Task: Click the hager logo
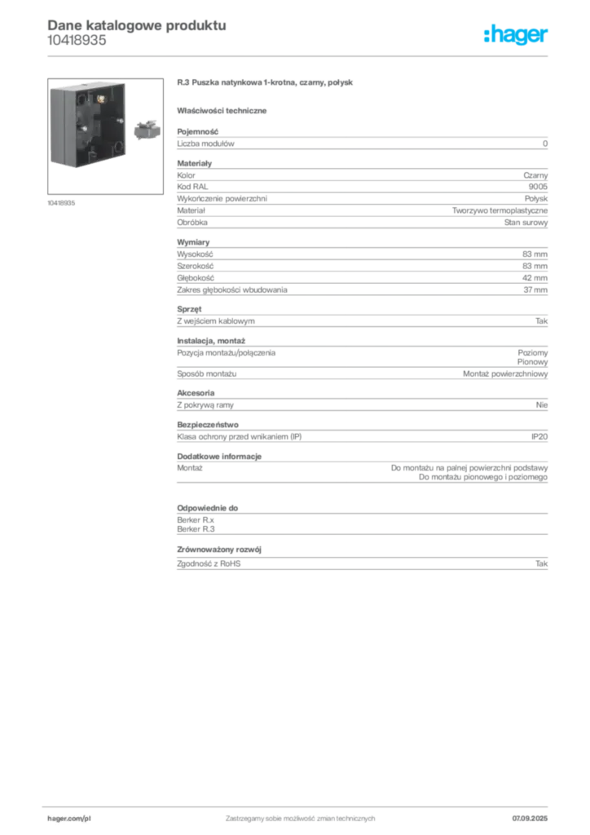coord(516,35)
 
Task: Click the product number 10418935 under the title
coord(77,41)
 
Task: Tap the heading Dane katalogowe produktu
coord(137,25)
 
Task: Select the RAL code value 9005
coord(538,187)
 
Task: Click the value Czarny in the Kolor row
coord(535,175)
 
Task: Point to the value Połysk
coord(535,199)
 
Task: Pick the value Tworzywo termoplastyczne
coord(500,211)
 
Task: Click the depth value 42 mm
coord(535,278)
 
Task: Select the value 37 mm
coord(535,289)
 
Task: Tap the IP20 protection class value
coord(539,437)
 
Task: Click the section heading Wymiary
coord(193,242)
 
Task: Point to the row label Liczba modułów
coord(205,144)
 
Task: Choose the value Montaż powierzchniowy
coord(505,373)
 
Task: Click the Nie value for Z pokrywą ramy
coord(542,405)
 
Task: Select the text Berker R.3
coord(196,529)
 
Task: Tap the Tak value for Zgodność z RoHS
coord(542,563)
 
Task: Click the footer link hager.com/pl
coord(69,819)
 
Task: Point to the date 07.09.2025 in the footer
coord(530,819)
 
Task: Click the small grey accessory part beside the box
coord(147,130)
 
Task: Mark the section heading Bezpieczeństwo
coord(208,425)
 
